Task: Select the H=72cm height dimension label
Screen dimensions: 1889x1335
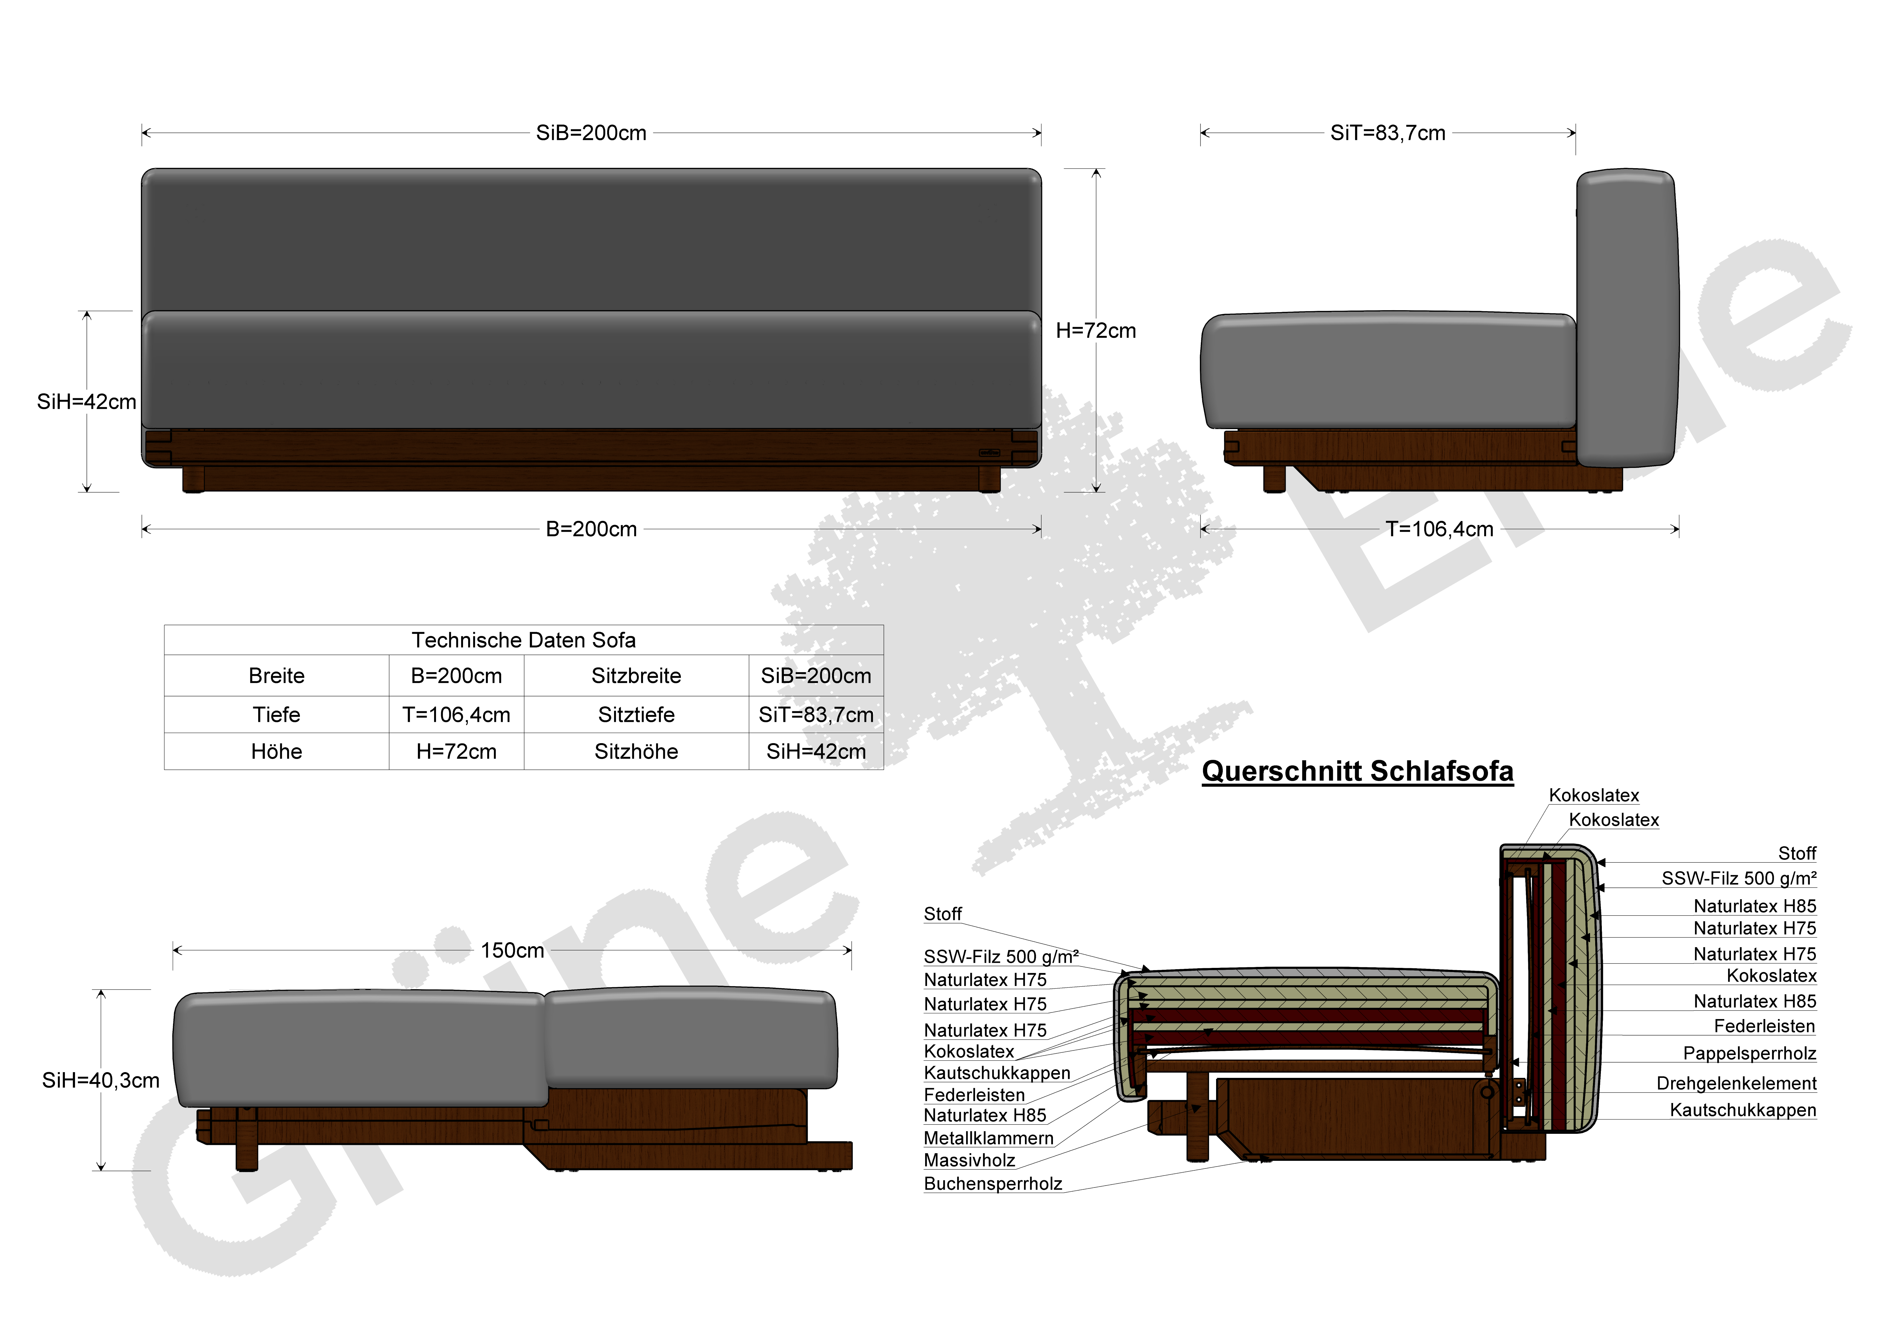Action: pos(1096,331)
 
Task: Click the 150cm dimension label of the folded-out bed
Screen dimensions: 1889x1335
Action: pos(513,951)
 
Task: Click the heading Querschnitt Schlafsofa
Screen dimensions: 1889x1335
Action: pos(1358,771)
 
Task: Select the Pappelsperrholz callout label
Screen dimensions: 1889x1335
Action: pos(1749,1054)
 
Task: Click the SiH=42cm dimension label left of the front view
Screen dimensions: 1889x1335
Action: pos(86,402)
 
